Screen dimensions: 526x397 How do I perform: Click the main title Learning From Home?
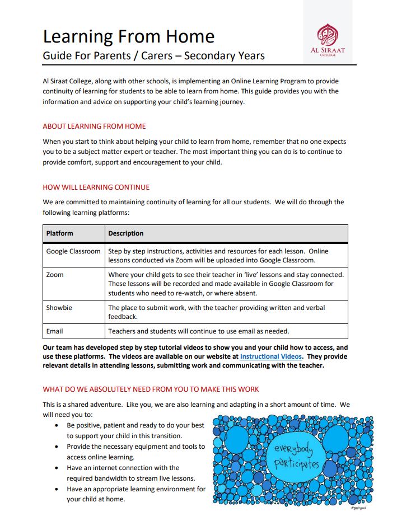coord(128,37)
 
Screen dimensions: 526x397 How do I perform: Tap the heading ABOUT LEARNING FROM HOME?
coord(94,126)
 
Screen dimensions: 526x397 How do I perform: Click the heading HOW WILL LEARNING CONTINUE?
coord(96,187)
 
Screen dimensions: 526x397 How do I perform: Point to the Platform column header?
coord(59,233)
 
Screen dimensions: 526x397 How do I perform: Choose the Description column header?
coord(125,233)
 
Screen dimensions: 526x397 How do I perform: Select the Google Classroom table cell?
coord(73,251)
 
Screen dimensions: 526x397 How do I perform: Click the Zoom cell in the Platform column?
coord(55,275)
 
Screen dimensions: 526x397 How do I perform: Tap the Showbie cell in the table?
coord(59,308)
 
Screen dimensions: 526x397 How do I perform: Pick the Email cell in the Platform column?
coord(54,331)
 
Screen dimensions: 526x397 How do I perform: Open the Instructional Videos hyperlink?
coord(271,356)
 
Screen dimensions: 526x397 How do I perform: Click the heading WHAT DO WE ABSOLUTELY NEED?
coord(151,389)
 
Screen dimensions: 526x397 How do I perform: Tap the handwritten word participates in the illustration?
coord(296,464)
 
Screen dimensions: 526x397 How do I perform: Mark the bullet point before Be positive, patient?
coord(58,425)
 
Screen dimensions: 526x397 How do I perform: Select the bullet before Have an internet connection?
coord(58,468)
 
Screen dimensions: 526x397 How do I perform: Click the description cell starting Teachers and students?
coord(198,331)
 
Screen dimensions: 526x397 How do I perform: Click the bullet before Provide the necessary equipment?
coord(58,447)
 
